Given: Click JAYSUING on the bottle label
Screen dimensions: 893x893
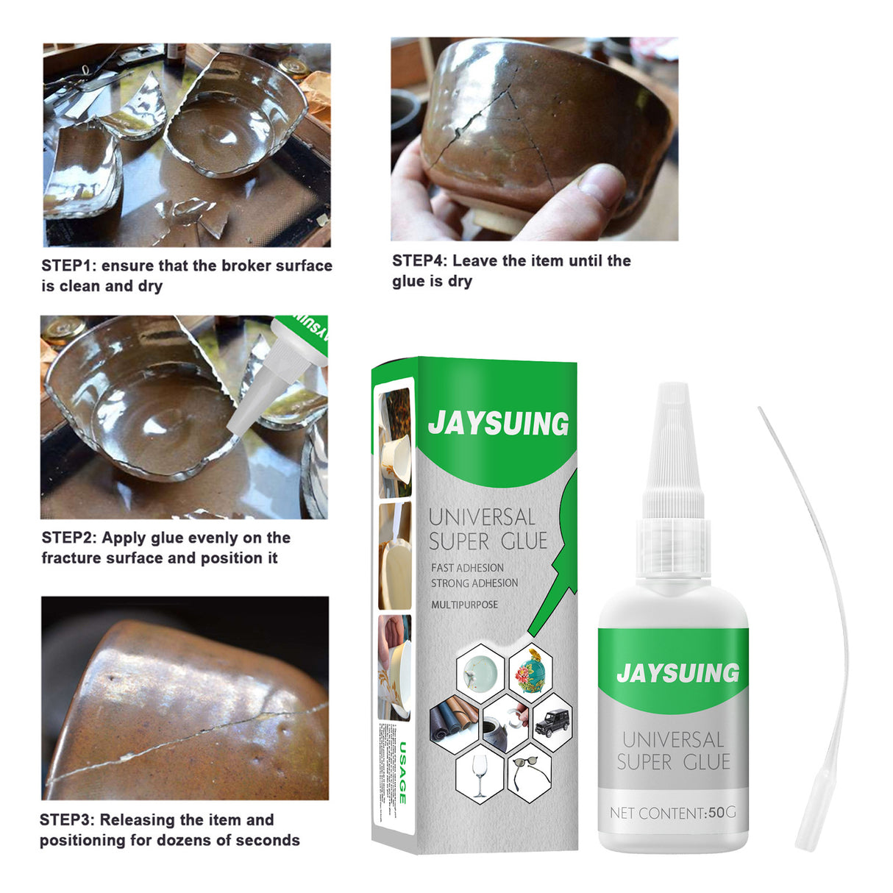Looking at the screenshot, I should point(677,672).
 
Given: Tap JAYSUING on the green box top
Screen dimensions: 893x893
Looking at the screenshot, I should point(498,423).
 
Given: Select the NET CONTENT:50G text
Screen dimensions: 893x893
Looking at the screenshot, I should point(672,813).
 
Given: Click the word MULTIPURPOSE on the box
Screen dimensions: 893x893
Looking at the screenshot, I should point(464,605).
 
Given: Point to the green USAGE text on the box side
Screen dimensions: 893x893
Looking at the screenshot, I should point(402,772).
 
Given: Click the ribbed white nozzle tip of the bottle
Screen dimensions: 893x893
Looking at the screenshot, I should point(672,441).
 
